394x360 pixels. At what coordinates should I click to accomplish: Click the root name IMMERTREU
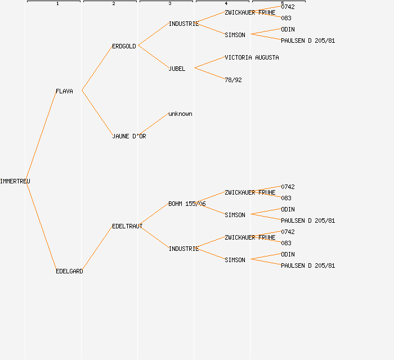point(15,181)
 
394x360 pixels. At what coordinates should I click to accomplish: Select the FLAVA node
point(64,91)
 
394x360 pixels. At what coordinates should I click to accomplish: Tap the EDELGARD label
point(69,271)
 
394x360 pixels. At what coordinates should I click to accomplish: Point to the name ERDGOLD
point(124,46)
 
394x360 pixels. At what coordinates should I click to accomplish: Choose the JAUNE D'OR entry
point(129,136)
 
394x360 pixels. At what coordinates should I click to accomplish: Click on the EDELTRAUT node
point(127,226)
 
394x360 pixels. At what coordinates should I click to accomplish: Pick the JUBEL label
point(177,69)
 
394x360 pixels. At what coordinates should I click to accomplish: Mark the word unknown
point(180,114)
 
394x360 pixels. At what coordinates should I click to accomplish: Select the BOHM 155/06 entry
point(187,204)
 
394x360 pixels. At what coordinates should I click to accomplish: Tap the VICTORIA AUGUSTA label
point(252,57)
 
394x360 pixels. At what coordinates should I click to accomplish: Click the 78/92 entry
point(233,80)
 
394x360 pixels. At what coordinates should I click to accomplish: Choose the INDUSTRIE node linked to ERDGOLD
point(183,24)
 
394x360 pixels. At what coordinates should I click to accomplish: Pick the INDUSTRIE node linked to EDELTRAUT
point(183,249)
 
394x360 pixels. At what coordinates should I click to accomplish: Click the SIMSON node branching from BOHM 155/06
point(235,215)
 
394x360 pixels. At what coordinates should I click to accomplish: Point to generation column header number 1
point(57,4)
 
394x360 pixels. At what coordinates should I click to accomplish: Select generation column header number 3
point(169,4)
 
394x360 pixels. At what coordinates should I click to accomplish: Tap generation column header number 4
point(226,4)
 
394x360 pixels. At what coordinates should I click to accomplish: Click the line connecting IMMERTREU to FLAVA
point(41,135)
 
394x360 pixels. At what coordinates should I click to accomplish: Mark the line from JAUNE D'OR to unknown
point(153,124)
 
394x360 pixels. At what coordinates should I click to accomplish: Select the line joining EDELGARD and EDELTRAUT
point(97,249)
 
